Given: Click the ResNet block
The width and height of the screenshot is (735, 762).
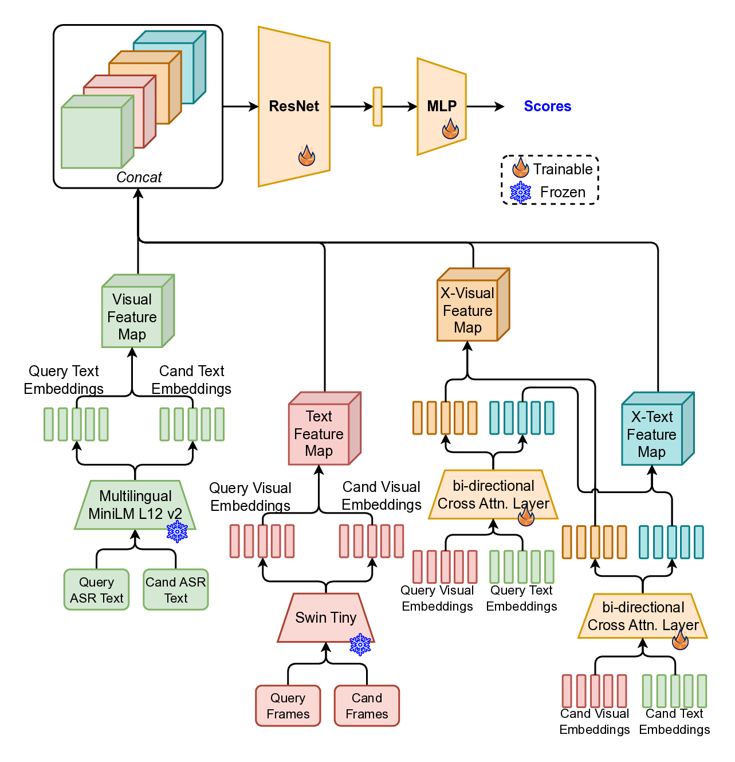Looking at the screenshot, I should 294,107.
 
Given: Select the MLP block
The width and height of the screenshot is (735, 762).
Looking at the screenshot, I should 441,107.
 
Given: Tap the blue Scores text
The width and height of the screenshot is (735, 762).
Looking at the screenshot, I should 547,106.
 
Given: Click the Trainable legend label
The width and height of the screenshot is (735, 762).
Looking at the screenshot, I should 563,169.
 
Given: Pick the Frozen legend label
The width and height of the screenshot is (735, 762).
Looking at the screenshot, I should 563,192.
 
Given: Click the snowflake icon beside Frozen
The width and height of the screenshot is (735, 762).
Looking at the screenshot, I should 520,193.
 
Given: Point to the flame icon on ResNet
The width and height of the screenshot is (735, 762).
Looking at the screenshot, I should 307,155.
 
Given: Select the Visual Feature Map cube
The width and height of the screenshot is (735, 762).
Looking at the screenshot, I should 133,316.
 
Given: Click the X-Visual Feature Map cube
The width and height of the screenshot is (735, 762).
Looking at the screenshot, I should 468,310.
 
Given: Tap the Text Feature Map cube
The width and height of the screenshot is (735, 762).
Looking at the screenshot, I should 319,433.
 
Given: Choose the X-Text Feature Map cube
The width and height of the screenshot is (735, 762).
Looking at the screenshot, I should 652,434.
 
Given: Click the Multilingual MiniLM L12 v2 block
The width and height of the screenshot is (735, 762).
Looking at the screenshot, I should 135,505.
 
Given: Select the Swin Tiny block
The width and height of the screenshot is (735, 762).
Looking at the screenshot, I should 325,618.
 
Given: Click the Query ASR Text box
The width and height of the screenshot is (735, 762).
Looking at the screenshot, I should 96,590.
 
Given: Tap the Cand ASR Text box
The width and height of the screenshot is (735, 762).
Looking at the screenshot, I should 175,590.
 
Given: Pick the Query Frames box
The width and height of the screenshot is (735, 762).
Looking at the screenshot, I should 288,706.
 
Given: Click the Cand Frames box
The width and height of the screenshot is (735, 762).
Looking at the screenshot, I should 367,706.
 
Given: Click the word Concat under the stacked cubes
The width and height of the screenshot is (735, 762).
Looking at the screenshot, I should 139,177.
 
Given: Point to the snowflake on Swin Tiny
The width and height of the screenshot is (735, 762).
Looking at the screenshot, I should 360,645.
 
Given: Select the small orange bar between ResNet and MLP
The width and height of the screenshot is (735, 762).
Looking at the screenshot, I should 378,107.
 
